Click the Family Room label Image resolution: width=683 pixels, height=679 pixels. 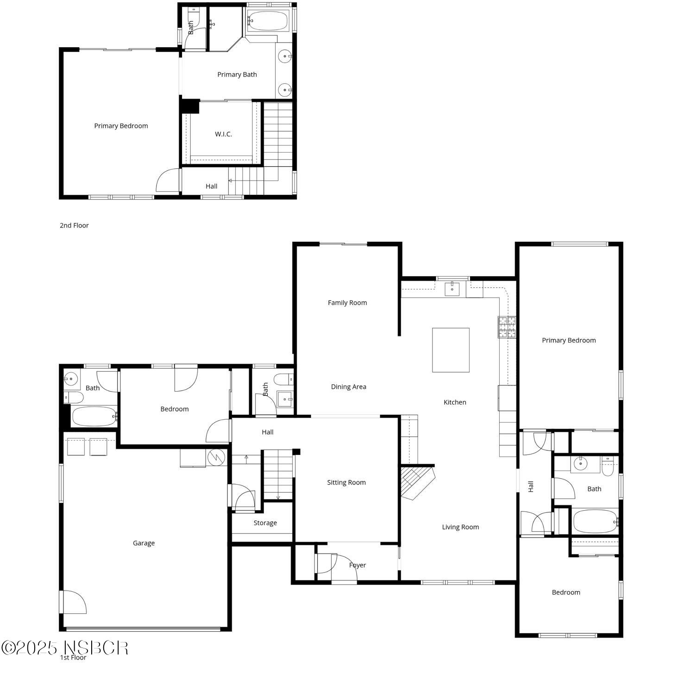tap(347, 303)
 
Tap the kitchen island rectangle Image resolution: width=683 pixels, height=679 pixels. tap(451, 350)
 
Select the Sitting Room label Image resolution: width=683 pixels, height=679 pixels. tap(346, 482)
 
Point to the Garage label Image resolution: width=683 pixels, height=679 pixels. tap(144, 543)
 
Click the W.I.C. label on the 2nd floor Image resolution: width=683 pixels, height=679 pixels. tap(223, 134)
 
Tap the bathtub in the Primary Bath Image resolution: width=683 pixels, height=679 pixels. tap(268, 21)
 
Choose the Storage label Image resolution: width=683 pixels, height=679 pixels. tap(265, 523)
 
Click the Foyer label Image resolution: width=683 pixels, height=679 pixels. tap(357, 565)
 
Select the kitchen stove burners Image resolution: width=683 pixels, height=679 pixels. tap(507, 327)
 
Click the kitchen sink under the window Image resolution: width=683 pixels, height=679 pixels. tap(452, 289)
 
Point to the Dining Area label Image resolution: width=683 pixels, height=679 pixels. tap(349, 387)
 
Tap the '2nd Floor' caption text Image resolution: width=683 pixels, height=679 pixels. tap(74, 225)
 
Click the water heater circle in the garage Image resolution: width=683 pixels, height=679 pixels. tap(216, 457)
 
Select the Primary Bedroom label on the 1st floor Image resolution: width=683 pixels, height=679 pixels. tap(569, 340)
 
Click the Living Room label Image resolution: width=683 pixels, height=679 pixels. tap(460, 527)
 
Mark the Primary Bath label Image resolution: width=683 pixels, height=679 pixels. tap(237, 75)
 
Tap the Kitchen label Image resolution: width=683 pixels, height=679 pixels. tap(455, 402)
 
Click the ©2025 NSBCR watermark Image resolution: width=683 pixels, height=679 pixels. tap(65, 648)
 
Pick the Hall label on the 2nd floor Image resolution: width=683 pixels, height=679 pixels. tap(212, 186)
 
